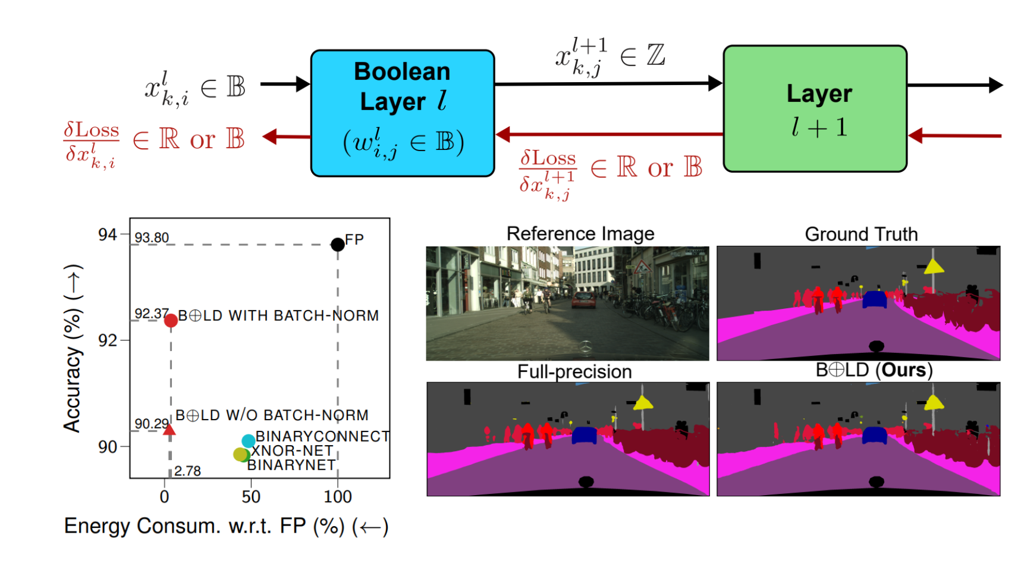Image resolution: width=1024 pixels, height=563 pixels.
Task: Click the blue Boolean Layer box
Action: (403, 113)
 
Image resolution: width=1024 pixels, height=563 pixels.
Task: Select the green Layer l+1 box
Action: (815, 109)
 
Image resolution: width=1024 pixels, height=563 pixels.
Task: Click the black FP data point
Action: (337, 244)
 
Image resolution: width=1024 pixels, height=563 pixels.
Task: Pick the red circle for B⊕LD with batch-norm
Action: (171, 320)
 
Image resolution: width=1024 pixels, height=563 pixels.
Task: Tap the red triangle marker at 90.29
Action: (169, 430)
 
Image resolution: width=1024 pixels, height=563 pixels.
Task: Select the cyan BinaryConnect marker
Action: (249, 441)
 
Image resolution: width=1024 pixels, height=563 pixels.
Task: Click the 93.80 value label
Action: (152, 238)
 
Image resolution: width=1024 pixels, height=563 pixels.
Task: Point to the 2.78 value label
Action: (187, 471)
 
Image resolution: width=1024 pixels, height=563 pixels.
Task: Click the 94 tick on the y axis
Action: (108, 234)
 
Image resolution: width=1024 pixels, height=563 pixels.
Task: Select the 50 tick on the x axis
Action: (251, 496)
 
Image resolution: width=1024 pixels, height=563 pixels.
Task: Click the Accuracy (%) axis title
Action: (73, 348)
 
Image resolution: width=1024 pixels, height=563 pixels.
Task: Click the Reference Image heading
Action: (580, 234)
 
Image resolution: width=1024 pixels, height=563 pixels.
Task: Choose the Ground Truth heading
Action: (861, 234)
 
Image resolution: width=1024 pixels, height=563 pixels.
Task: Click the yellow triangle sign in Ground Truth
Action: (934, 267)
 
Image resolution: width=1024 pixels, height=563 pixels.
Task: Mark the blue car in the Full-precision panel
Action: (584, 435)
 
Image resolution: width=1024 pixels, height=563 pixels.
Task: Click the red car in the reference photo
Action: (583, 300)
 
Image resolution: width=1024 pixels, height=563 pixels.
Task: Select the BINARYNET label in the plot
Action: (291, 465)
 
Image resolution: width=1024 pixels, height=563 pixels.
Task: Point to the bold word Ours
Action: (904, 370)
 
